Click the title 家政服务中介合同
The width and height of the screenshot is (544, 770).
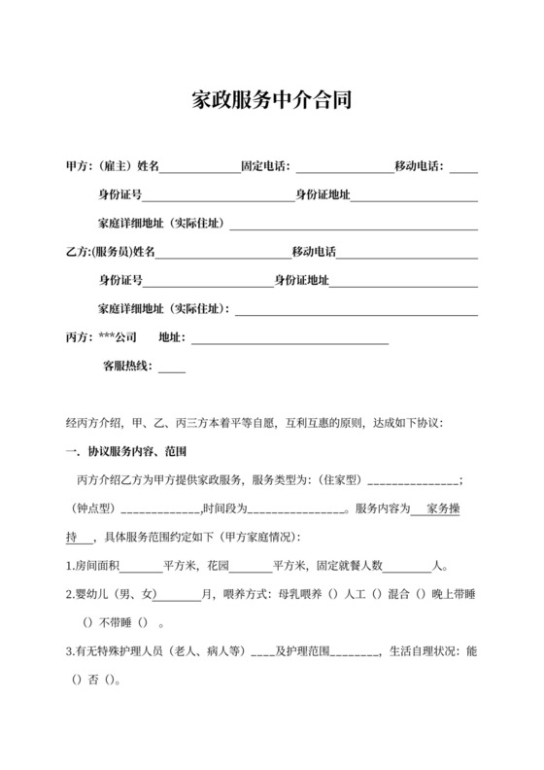click(x=272, y=100)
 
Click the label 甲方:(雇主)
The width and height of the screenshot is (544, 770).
click(x=97, y=167)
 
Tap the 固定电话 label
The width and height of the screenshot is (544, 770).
click(x=264, y=167)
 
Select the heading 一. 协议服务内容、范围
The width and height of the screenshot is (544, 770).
click(x=125, y=453)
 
